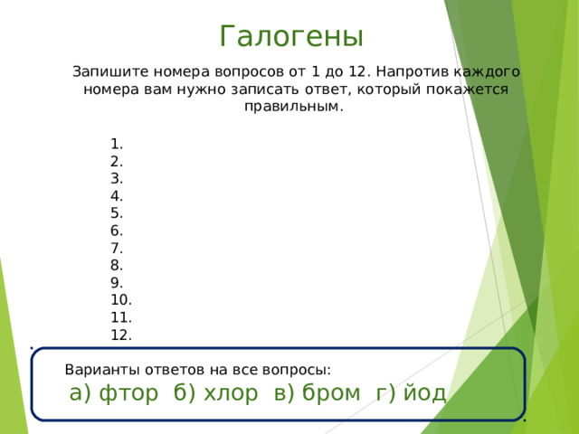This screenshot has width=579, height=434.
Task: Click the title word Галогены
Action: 291,36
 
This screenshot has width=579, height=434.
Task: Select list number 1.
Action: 117,144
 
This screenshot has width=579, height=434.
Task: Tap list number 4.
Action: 117,196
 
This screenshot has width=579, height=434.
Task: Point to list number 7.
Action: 117,249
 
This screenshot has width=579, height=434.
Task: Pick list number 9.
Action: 117,283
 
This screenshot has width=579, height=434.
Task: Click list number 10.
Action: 121,300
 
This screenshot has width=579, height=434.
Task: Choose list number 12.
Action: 121,335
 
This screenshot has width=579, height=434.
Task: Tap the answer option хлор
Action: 231,393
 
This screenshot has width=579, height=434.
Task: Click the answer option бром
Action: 331,392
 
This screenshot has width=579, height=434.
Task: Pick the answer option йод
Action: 424,392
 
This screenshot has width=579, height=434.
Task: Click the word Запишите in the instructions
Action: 110,71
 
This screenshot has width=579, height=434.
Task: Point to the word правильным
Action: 294,107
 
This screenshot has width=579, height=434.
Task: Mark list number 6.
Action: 117,231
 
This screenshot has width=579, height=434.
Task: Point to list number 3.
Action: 117,179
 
